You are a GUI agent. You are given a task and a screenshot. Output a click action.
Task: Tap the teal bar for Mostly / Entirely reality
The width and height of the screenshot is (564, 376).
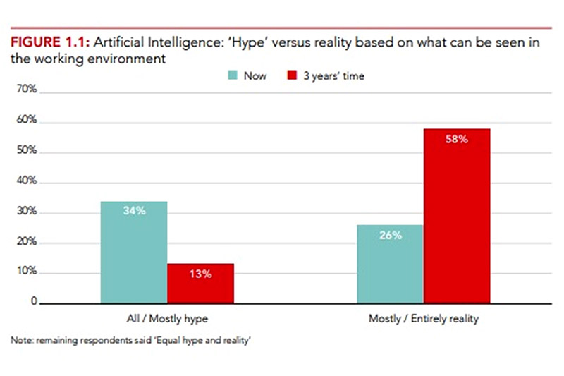click(x=390, y=265)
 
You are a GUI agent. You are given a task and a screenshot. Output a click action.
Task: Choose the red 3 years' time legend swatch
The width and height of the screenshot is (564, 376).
click(x=292, y=76)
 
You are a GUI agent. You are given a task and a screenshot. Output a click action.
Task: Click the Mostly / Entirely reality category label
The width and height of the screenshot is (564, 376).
click(x=423, y=319)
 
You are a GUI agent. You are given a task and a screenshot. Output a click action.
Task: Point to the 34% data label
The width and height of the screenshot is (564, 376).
click(x=134, y=211)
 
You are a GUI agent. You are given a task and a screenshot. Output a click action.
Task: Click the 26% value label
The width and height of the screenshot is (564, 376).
click(x=390, y=235)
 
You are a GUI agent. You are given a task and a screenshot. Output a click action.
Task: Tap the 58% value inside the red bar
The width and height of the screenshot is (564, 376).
click(x=456, y=139)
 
